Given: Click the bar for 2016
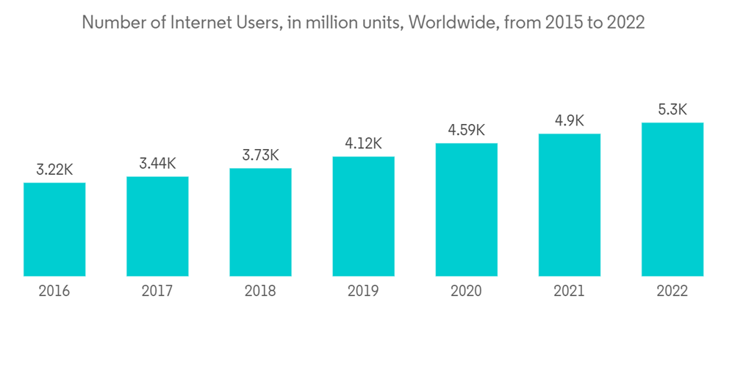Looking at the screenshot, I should pos(54,229).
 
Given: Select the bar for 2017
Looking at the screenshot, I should pos(157,226).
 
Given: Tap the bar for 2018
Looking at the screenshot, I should pos(260,222).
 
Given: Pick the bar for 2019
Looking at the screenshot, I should pos(363,216).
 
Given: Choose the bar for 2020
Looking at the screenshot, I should pos(466,209).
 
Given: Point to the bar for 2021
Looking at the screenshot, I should pos(569,205).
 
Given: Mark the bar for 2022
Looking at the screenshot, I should pos(672,199).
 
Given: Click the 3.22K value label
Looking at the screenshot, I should pos(54,170).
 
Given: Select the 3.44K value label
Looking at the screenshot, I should pos(157,163).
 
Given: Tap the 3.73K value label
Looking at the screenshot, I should pos(260,155).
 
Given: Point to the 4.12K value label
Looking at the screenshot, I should pos(363,143).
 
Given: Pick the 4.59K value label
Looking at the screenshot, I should pos(466,130).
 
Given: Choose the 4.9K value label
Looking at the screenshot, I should pos(569,120).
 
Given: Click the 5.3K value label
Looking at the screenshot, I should pos(672,109).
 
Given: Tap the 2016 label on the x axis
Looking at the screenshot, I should pos(54,291).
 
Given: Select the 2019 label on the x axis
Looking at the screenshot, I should pos(363,291).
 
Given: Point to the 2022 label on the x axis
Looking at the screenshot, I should pos(672,291).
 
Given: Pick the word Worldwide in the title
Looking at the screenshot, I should pos(451,23).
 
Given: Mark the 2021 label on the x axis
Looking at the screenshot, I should pos(569,291).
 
